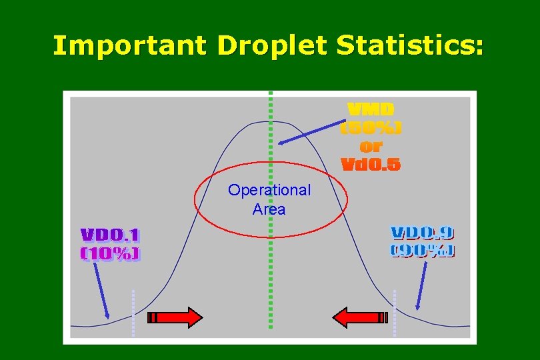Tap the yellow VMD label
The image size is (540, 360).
(x=371, y=109)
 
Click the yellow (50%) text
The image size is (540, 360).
(x=371, y=127)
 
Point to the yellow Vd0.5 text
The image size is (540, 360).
(x=371, y=164)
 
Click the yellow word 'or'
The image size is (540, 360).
(x=371, y=146)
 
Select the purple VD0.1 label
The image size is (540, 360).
(x=110, y=235)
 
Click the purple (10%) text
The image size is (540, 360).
(x=110, y=253)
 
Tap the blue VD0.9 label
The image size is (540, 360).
(x=421, y=233)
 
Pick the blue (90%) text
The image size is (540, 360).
(x=421, y=251)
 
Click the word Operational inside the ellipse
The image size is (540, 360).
(x=269, y=190)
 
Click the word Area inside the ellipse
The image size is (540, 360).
(x=269, y=209)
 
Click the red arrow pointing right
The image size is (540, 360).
(x=175, y=317)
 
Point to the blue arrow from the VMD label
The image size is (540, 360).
(x=311, y=131)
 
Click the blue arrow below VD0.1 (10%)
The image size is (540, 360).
(x=101, y=291)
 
